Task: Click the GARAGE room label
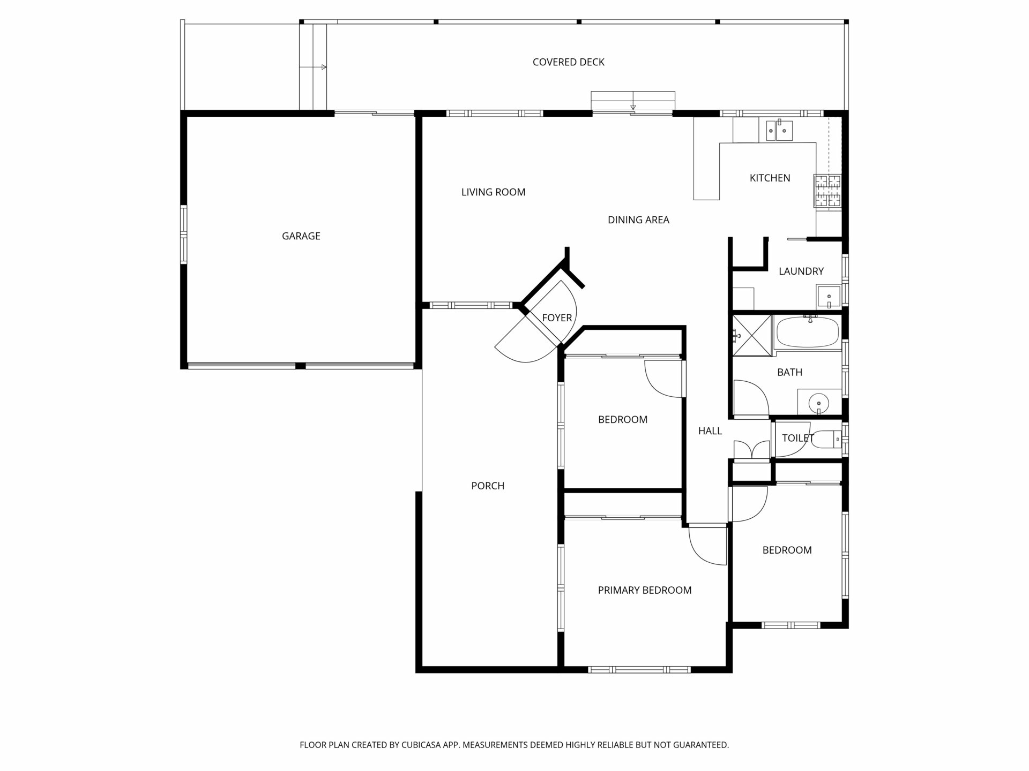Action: click(x=301, y=236)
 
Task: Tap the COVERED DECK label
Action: click(x=568, y=62)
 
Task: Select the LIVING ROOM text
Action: click(x=493, y=192)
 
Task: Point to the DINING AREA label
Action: click(x=638, y=220)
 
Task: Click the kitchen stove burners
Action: click(x=827, y=191)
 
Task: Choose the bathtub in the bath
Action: click(x=807, y=332)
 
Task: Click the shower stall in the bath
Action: click(x=751, y=335)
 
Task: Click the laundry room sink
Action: click(x=829, y=297)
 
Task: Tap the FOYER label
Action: click(x=557, y=318)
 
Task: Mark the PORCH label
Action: click(x=488, y=486)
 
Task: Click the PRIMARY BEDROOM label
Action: click(x=645, y=591)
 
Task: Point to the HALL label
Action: click(x=710, y=431)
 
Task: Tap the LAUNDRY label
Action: click(x=801, y=271)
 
